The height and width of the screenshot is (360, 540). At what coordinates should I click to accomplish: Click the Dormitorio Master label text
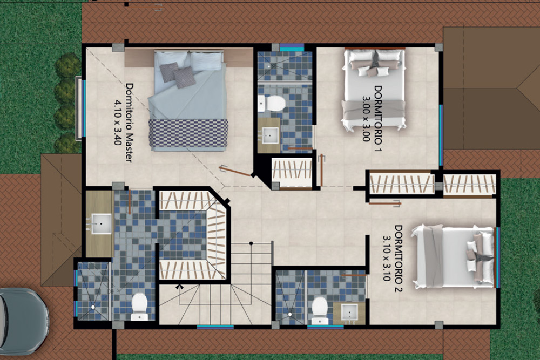click(x=129, y=122)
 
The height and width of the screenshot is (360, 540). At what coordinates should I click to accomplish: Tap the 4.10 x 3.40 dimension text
click(x=118, y=122)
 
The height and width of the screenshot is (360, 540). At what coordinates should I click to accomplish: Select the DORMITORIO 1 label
click(x=378, y=119)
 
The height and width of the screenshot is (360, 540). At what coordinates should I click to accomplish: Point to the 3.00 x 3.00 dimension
click(x=366, y=119)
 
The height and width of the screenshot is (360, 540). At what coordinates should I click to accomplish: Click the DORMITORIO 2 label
click(x=398, y=259)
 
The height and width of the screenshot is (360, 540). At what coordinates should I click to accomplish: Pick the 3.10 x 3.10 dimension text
click(x=387, y=259)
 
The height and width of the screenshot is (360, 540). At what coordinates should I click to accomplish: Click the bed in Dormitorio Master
click(x=188, y=101)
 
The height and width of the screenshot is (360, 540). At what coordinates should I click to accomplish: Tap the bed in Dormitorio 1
click(x=373, y=90)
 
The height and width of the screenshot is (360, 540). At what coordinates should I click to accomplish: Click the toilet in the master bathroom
click(x=139, y=307)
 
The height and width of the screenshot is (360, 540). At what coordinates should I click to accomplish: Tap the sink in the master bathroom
click(x=102, y=223)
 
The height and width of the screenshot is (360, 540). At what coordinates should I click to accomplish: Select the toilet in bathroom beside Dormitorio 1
click(x=272, y=103)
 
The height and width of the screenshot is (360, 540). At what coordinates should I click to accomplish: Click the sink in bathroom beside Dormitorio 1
click(x=269, y=135)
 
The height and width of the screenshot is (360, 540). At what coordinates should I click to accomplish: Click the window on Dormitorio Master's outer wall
click(x=80, y=108)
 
